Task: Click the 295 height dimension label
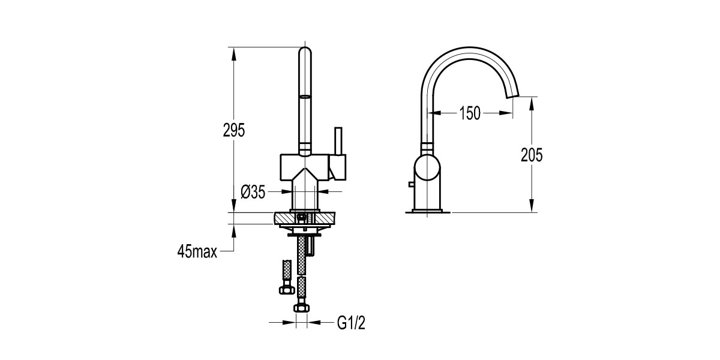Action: coord(234,131)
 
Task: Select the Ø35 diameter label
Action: coord(253,192)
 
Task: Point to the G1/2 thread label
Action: coord(351,324)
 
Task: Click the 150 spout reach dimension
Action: coord(470,113)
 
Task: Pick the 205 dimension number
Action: coord(531,155)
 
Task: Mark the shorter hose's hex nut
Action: coord(286,290)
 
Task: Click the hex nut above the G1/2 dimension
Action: coord(301,308)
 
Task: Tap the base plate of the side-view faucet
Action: coord(430,211)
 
